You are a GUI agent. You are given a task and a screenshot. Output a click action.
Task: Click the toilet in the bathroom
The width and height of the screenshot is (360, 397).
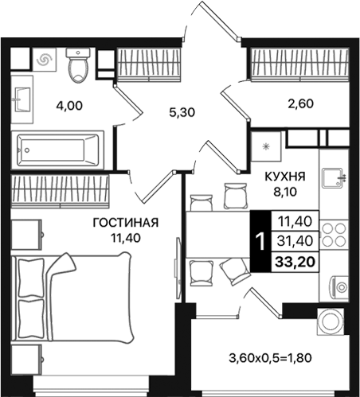tap(77, 65)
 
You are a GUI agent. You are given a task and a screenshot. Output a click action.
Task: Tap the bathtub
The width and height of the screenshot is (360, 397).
tap(57, 150)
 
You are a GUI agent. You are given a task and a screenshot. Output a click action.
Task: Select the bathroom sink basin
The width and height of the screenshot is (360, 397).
tap(22, 99)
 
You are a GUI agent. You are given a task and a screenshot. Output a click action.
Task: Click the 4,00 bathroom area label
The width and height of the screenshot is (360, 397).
tap(69, 106)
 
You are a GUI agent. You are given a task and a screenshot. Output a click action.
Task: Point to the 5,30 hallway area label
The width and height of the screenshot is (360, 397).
tap(182, 112)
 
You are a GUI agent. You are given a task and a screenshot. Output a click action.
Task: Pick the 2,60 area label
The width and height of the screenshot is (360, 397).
tap(300, 103)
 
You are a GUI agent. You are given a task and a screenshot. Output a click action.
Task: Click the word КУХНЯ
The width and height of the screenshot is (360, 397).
tap(285, 177)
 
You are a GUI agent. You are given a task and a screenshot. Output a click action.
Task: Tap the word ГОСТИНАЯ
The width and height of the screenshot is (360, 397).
tap(126, 223)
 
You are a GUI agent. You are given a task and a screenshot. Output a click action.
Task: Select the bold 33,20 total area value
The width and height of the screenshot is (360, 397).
tap(295, 262)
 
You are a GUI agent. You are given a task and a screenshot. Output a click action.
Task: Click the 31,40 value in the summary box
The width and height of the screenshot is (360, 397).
tap(295, 241)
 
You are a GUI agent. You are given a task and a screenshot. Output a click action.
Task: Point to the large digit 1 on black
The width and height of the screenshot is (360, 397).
tap(261, 242)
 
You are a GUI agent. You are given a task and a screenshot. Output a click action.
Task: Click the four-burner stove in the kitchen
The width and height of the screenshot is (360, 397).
tap(335, 235)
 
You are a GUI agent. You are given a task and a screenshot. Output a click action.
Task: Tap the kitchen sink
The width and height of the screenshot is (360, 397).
tap(334, 178)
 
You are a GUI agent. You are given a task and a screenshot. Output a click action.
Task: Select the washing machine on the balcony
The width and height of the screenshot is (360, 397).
tap(331, 321)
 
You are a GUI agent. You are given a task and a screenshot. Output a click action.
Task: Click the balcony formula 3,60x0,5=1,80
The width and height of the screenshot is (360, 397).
tap(270, 358)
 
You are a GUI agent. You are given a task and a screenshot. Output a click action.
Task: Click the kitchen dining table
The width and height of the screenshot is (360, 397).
tap(217, 235)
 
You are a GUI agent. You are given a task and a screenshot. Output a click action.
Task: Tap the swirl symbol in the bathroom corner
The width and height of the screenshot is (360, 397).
tap(45, 60)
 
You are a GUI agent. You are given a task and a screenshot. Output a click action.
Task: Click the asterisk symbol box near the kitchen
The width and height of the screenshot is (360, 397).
tap(266, 146)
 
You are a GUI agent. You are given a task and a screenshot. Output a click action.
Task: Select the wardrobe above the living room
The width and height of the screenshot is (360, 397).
tap(60, 190)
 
